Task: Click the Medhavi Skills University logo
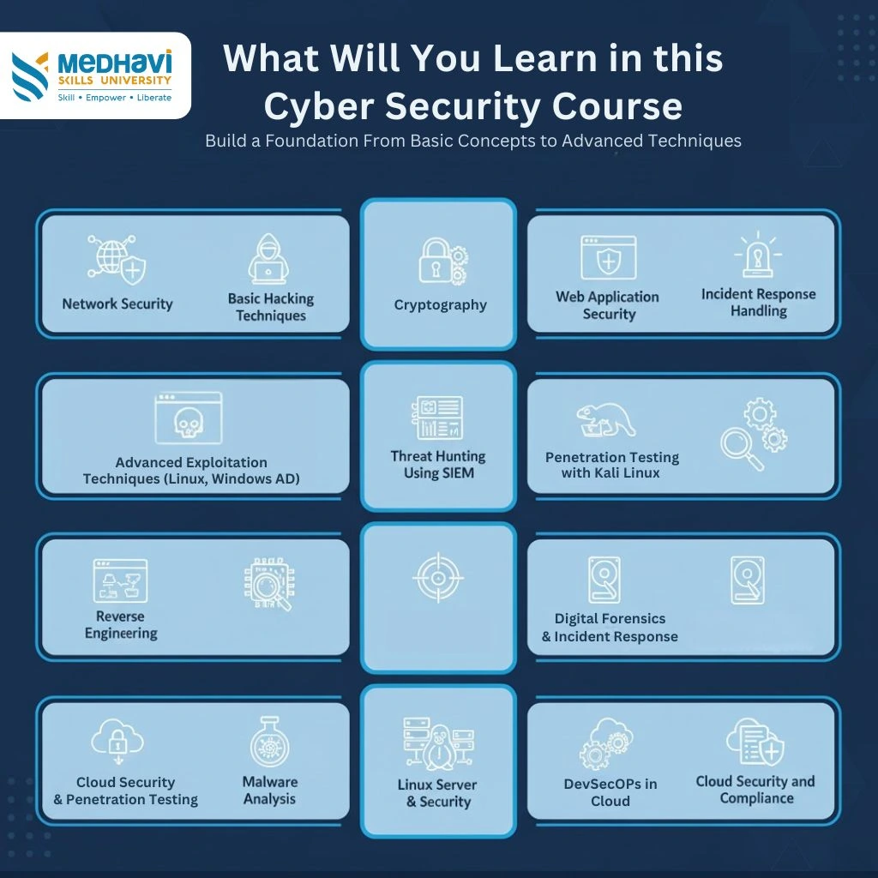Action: pos(93,76)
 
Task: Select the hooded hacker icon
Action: pos(268,259)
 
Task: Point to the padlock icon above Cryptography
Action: pos(443,261)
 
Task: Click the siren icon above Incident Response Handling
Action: pos(758,254)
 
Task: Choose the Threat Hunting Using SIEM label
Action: pos(438,464)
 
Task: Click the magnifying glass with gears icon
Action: pos(754,433)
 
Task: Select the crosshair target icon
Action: pos(438,577)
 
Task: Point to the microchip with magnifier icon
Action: pos(269,584)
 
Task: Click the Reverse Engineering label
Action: pos(121,624)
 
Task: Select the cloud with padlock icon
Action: pos(117,739)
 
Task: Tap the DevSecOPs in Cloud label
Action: pos(610,792)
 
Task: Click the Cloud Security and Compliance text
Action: pos(755,790)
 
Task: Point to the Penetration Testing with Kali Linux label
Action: pos(612,465)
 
